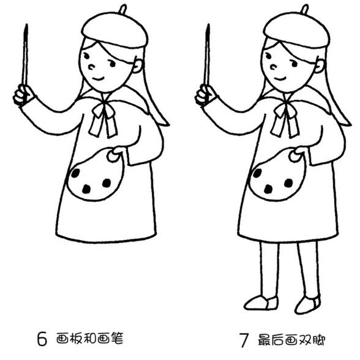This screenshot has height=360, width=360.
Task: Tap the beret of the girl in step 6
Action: click(x=114, y=30)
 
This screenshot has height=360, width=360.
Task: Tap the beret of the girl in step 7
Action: click(x=297, y=30)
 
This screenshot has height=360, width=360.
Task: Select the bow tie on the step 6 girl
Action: click(x=102, y=118)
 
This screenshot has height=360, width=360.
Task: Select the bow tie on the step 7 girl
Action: click(x=285, y=118)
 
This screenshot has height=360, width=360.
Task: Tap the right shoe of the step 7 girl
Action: click(x=307, y=304)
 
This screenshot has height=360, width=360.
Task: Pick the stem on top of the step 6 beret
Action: click(x=122, y=9)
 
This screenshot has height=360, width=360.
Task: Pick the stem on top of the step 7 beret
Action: click(x=305, y=9)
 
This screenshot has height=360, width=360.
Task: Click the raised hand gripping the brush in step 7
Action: click(x=205, y=95)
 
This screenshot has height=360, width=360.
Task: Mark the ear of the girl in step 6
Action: click(x=138, y=65)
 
